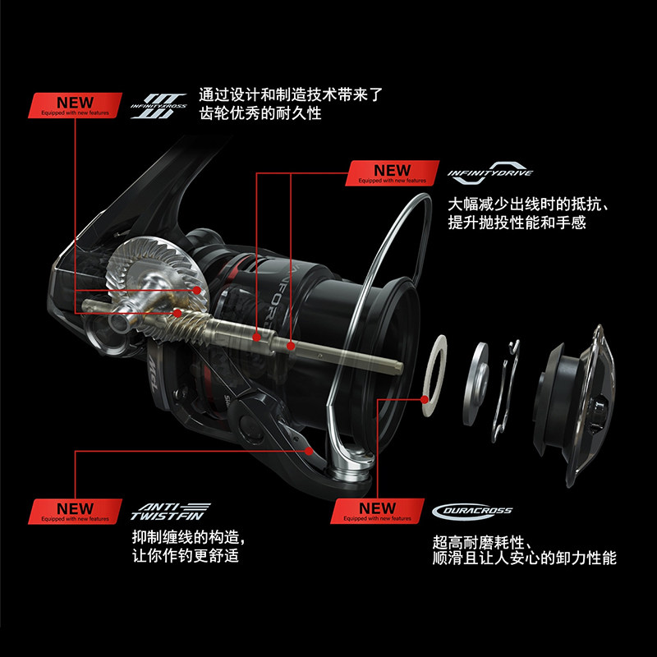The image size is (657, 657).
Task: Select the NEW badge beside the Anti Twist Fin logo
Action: [x=75, y=512]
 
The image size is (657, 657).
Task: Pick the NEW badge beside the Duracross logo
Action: [x=377, y=512]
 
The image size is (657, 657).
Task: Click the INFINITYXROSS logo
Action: [x=159, y=106]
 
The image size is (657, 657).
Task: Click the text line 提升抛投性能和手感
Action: [x=517, y=223]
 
